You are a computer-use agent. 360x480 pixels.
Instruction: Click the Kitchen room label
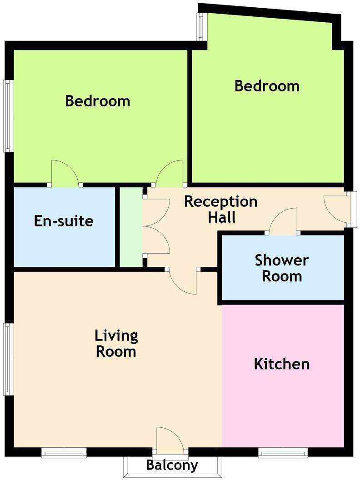(282, 364)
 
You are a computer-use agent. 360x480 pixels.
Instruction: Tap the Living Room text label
(116, 344)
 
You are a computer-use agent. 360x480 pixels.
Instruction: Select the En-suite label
(64, 221)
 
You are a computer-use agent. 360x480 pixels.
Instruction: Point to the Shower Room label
(282, 268)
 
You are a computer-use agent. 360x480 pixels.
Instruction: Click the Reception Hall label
(221, 209)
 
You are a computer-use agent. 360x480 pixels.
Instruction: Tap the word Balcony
(172, 465)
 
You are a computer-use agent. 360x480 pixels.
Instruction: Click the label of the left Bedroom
(98, 100)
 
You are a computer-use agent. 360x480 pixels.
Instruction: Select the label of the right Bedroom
(267, 86)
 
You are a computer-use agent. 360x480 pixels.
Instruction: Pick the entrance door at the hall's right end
(337, 209)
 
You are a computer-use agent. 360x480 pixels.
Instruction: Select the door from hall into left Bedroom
(170, 174)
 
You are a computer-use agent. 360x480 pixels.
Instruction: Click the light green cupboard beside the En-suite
(131, 227)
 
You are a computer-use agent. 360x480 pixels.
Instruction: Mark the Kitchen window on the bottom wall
(283, 452)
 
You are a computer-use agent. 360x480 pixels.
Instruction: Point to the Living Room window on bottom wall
(64, 452)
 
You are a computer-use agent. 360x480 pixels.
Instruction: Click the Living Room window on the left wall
(7, 359)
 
